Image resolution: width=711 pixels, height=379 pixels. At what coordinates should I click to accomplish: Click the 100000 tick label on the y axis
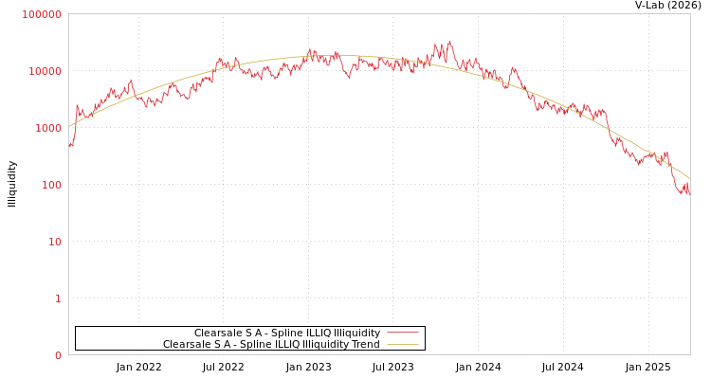point(42,14)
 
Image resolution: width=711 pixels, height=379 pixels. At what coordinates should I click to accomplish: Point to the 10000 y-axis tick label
point(45,71)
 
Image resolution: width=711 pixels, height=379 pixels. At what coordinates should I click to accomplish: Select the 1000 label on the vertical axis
point(47,128)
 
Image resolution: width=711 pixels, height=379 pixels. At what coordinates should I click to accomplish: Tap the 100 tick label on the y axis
point(50,185)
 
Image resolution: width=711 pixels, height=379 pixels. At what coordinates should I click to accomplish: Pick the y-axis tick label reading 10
point(54,242)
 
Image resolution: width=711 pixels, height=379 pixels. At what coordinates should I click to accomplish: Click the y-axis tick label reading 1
point(58,298)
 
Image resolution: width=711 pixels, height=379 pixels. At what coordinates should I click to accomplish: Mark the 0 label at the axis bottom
point(58,355)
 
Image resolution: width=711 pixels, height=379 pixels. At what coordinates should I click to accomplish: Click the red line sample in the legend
point(403,333)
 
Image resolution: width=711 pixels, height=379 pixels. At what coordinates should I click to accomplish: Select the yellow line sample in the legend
point(403,344)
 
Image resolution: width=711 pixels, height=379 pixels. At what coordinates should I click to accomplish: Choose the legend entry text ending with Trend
point(271,344)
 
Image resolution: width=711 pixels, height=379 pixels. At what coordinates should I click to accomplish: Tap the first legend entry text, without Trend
point(286,333)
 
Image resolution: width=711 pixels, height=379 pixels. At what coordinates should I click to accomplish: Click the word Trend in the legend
point(366,344)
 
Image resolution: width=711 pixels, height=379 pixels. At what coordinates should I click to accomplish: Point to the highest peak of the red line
point(449,42)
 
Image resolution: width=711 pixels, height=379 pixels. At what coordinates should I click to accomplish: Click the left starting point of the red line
point(69,146)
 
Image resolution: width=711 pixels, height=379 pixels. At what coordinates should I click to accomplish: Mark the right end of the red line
point(689,192)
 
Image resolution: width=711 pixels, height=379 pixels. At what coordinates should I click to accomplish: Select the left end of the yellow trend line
point(69,126)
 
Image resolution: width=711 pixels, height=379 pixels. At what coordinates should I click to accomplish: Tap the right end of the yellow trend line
point(689,178)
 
